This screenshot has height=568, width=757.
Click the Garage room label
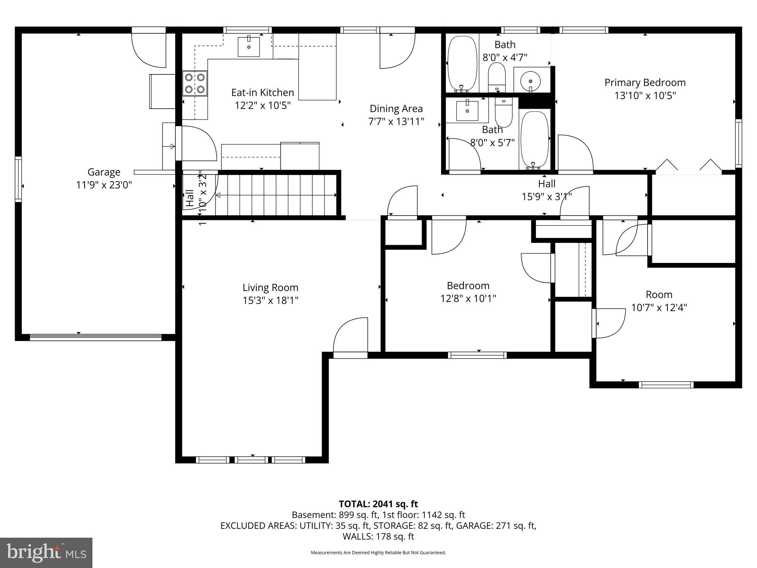(104, 172)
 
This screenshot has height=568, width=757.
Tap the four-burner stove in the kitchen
(195, 83)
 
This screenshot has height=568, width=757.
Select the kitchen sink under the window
(248, 47)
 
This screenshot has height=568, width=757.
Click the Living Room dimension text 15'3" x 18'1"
(270, 300)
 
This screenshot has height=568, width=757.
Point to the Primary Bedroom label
(645, 82)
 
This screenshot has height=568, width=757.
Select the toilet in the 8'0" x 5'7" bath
(503, 112)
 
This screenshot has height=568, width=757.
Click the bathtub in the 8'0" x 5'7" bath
(534, 139)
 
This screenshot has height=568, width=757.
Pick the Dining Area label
(396, 109)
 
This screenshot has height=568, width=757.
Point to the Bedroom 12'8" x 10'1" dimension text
(468, 298)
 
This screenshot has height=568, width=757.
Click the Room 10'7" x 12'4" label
(659, 295)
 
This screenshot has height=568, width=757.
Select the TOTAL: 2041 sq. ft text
(378, 504)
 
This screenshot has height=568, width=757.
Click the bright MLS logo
(46, 552)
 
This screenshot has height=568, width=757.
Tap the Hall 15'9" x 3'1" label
(546, 184)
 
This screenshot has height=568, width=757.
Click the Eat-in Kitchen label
(262, 92)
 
